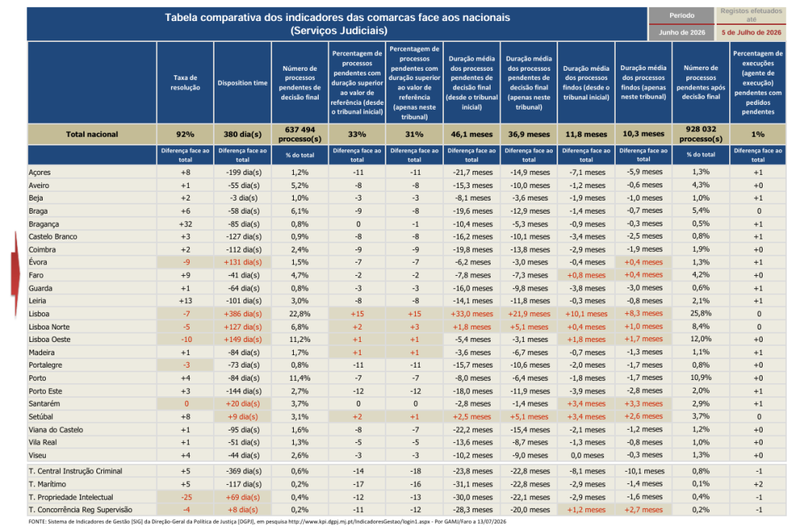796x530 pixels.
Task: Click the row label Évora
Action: [x=37, y=262]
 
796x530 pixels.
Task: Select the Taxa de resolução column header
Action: [x=185, y=82]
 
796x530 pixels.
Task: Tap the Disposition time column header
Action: [x=243, y=82]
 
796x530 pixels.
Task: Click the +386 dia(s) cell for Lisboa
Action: [x=243, y=314]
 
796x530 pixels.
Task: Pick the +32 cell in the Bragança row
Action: [x=185, y=224]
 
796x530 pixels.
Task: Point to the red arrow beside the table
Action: [x=16, y=274]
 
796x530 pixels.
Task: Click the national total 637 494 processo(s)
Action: [x=300, y=134]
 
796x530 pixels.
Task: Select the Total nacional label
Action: [x=92, y=134]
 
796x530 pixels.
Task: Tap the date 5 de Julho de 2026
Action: [x=752, y=33]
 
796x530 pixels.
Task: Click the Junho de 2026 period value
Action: [x=682, y=33]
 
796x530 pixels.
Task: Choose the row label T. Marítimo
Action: [x=47, y=484]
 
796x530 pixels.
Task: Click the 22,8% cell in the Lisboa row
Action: [x=300, y=314]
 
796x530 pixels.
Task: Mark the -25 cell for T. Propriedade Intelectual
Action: [x=185, y=497]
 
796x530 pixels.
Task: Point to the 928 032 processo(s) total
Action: [x=701, y=134]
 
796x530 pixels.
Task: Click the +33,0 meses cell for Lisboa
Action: [x=472, y=314]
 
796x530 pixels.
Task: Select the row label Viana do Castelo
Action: [x=56, y=430]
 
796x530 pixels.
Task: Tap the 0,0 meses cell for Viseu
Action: [x=588, y=455]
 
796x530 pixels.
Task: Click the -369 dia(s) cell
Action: [x=243, y=471]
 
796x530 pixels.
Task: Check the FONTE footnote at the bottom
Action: [x=267, y=521]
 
